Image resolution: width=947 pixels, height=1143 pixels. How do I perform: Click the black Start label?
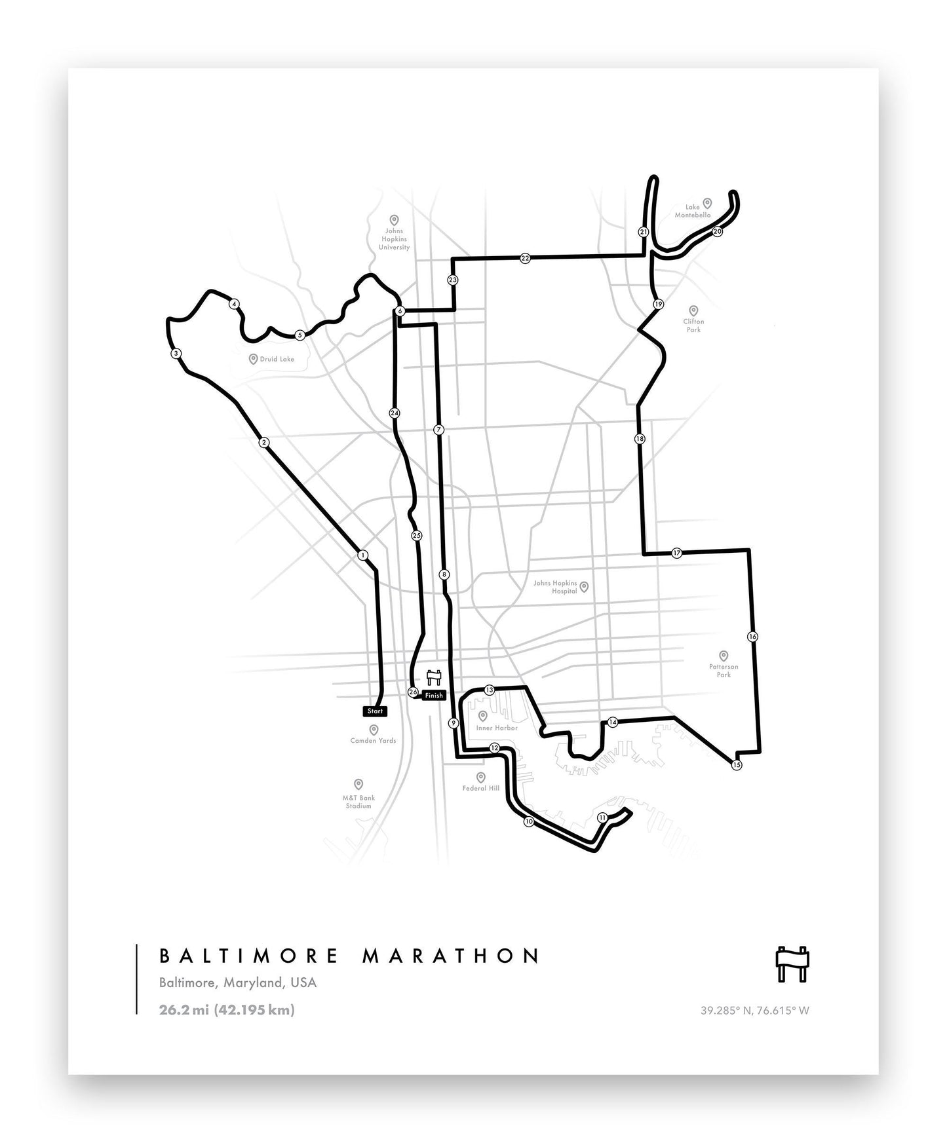coord(375,711)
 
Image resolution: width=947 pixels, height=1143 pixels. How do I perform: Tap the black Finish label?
coord(434,696)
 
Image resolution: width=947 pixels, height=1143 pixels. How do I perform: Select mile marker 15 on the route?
coord(737,765)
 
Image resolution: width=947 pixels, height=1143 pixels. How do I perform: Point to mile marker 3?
coord(176,354)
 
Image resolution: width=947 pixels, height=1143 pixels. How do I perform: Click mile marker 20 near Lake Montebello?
coord(717,231)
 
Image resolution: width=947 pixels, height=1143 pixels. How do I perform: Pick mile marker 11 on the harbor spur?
coord(602,817)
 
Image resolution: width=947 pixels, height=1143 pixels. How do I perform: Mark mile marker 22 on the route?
coord(525,258)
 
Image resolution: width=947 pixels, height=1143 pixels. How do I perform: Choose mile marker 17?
coord(677,553)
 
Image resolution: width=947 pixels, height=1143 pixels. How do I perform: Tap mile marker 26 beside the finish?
coord(413,692)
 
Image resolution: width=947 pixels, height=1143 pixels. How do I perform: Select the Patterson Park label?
coord(724,670)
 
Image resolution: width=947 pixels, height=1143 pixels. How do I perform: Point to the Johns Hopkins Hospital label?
coord(555,587)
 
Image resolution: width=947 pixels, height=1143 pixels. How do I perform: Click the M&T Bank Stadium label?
coord(358,802)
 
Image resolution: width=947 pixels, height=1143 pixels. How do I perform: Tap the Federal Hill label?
coord(481,788)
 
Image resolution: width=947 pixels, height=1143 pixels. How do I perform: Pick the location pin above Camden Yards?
coord(374,729)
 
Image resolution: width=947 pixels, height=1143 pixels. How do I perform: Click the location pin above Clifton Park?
coord(693,310)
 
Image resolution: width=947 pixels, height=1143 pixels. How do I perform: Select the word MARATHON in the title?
coord(451,956)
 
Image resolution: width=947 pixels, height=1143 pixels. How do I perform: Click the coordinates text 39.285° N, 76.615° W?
coord(755,1010)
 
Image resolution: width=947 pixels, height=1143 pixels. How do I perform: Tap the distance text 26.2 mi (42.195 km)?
coord(227,1009)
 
